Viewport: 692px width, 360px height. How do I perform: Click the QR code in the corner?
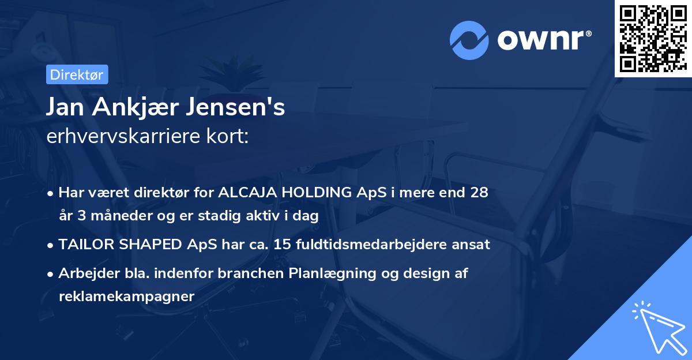pyautogui.click(x=653, y=38)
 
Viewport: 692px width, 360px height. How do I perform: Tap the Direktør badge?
pyautogui.click(x=76, y=74)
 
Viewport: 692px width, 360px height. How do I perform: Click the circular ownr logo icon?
pyautogui.click(x=469, y=40)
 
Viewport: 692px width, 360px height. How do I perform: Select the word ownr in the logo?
pyautogui.click(x=541, y=40)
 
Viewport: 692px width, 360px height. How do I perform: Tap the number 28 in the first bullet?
pyautogui.click(x=479, y=192)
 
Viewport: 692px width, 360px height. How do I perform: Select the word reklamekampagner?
pyautogui.click(x=127, y=297)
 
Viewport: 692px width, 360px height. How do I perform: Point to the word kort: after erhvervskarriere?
pyautogui.click(x=230, y=137)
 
